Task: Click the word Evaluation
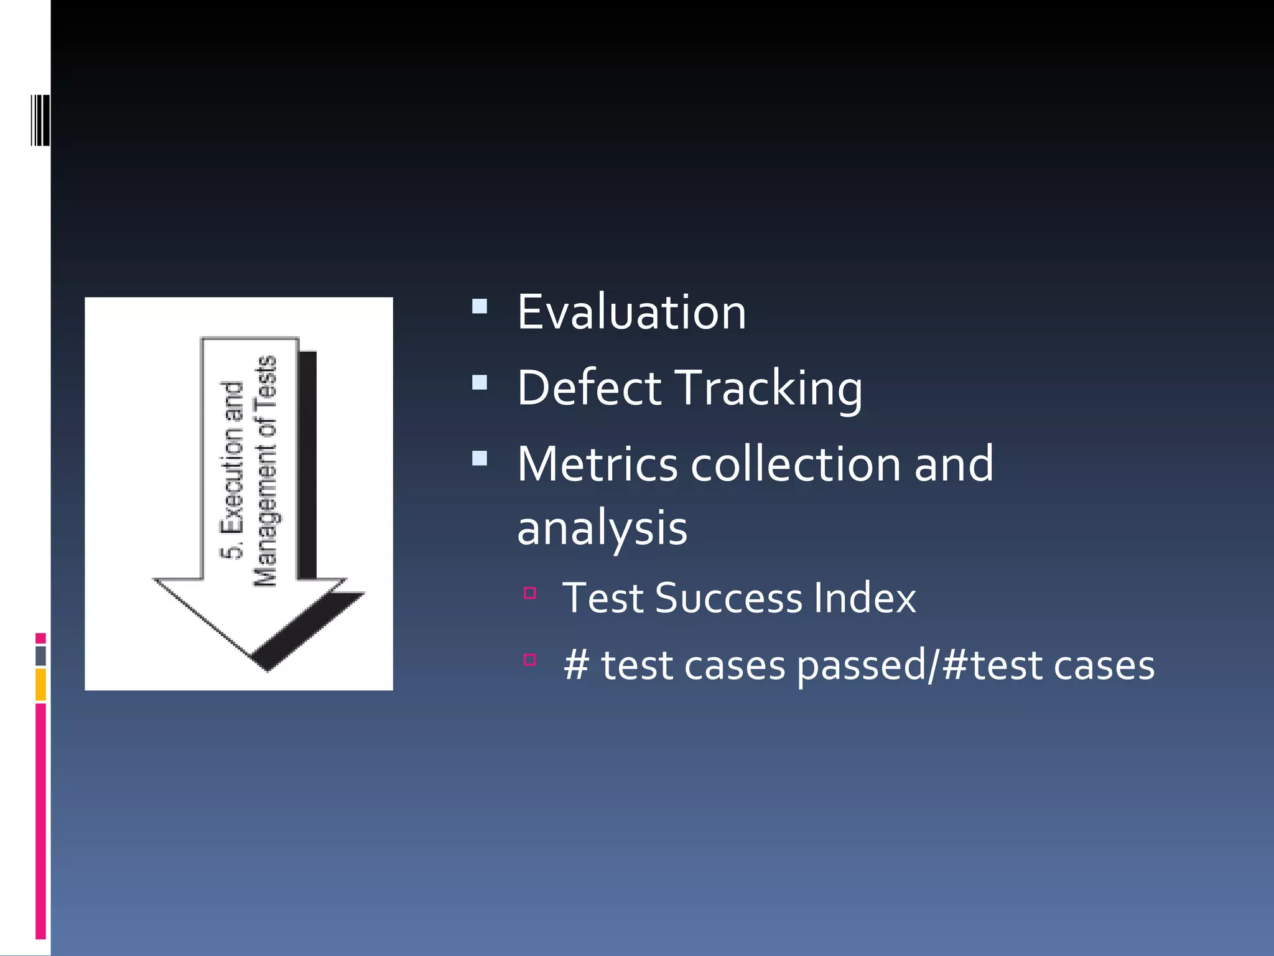click(x=631, y=312)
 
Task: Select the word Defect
click(x=589, y=388)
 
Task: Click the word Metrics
click(x=597, y=464)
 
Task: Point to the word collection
click(x=796, y=464)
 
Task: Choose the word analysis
click(x=602, y=529)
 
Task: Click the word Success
click(x=729, y=598)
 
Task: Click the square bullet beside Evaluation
click(x=480, y=306)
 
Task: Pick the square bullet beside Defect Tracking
click(x=480, y=382)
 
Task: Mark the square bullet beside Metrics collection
click(x=480, y=459)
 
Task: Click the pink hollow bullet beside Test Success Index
click(x=530, y=593)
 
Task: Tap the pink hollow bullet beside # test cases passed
click(x=530, y=659)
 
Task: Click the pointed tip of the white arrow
click(x=267, y=668)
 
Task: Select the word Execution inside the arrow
click(x=231, y=458)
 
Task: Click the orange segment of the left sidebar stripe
click(x=40, y=685)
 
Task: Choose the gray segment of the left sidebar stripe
click(x=40, y=656)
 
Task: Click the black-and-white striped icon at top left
click(x=40, y=120)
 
